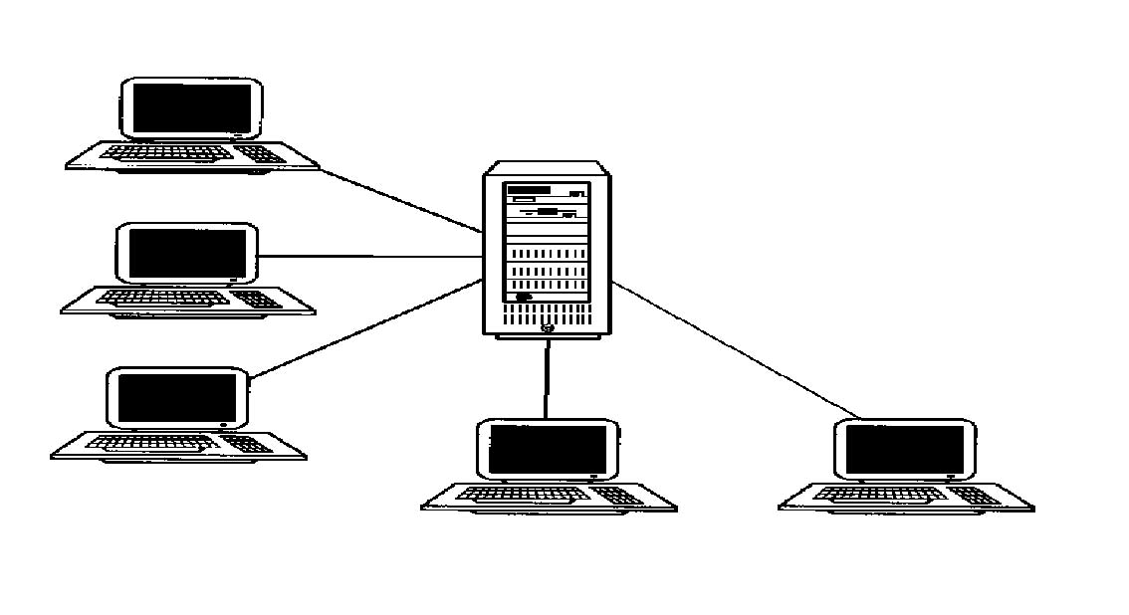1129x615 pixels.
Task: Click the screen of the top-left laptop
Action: (x=192, y=107)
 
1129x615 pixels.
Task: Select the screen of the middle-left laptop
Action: (x=187, y=253)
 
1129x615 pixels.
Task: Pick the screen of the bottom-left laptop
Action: (x=177, y=398)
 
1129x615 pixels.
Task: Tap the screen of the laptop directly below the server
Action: (x=547, y=450)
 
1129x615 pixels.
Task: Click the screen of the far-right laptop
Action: (x=904, y=450)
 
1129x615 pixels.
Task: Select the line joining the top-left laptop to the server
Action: (x=398, y=199)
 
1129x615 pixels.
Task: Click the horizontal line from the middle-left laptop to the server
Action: (x=368, y=256)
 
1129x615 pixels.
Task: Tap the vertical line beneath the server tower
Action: (x=547, y=378)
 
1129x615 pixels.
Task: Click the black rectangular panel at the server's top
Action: (x=529, y=189)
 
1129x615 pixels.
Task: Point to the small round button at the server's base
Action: (x=547, y=328)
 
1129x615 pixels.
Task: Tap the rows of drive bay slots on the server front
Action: (x=546, y=270)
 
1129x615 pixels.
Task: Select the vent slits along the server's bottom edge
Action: (x=546, y=314)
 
